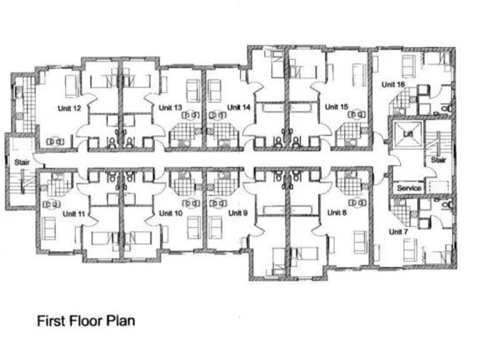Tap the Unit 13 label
(170, 108)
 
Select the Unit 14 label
(239, 107)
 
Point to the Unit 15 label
(336, 107)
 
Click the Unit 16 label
(394, 84)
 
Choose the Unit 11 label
(74, 214)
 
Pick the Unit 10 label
(170, 213)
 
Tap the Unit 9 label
(237, 213)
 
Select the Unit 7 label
(398, 231)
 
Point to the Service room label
(409, 188)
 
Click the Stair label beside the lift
(438, 160)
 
